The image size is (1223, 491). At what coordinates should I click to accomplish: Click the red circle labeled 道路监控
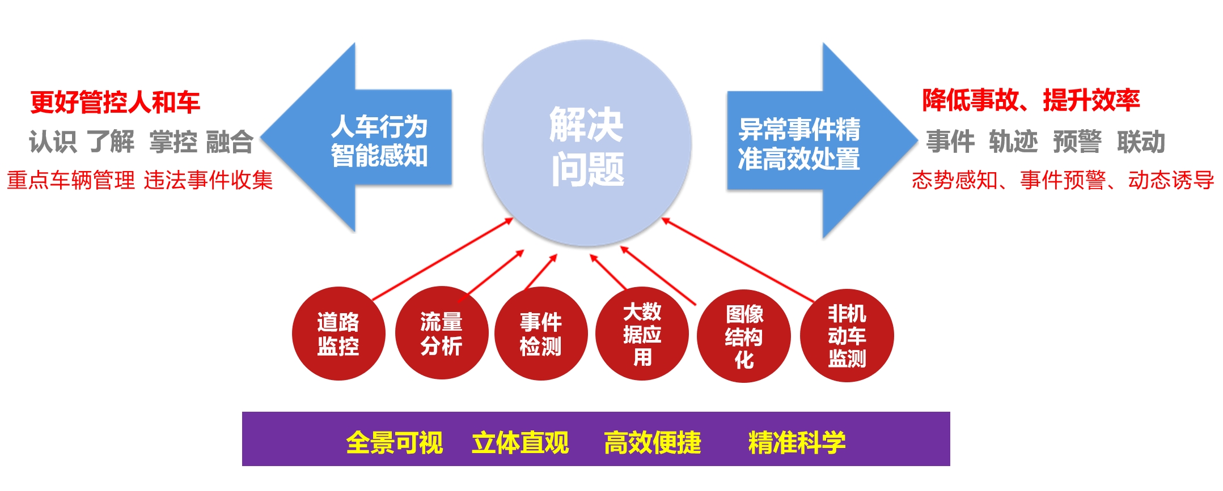coord(338,334)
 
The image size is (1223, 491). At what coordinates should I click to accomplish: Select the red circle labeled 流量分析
coord(441,334)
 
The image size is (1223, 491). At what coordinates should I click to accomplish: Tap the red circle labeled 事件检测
coord(541,334)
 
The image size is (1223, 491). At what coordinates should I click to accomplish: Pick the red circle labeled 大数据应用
coord(642,334)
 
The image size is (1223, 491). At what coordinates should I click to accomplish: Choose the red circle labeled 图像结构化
coord(744,336)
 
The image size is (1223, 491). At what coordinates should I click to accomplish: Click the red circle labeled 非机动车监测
coord(847,336)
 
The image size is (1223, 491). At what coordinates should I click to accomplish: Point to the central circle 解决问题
coord(587,143)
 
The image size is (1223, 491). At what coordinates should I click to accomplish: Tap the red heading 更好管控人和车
coord(115,102)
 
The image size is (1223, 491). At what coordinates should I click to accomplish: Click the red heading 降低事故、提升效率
coord(1031,100)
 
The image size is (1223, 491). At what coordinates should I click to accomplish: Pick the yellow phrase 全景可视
coord(395,442)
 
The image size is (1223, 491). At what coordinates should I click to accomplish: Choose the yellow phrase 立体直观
coord(520,442)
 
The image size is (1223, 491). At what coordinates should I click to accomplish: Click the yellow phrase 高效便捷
coord(653,442)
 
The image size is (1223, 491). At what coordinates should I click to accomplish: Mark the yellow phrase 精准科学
coord(797,442)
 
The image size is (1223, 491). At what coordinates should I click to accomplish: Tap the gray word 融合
coord(230,142)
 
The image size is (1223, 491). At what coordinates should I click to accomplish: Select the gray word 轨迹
coord(1013,142)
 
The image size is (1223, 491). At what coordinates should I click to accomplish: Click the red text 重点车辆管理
coord(71,180)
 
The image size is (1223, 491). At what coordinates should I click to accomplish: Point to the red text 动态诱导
coord(1171,180)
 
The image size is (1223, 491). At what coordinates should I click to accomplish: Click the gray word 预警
coord(1077,142)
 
